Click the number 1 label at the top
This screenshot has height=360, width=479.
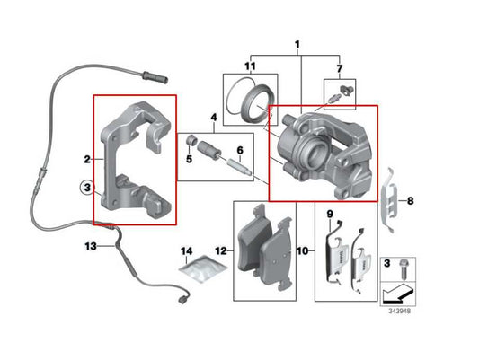(x=297, y=43)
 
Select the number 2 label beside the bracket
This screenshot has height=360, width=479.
(x=87, y=159)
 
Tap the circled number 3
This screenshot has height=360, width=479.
(x=86, y=189)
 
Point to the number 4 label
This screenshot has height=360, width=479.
(x=213, y=118)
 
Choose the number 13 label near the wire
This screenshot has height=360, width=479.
(x=90, y=245)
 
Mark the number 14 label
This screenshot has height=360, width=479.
(x=186, y=250)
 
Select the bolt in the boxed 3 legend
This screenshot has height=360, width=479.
(x=403, y=266)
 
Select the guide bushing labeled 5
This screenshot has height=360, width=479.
(x=191, y=140)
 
